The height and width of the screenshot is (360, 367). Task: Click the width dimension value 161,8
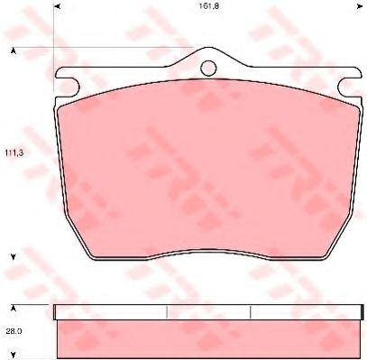(x=208, y=6)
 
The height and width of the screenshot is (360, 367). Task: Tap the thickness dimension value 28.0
(x=14, y=331)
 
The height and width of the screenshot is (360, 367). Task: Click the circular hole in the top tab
(x=208, y=68)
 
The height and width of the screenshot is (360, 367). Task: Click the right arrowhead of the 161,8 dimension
(x=359, y=6)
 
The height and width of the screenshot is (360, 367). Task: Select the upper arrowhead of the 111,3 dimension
(x=13, y=51)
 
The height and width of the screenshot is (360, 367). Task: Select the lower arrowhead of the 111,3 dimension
(x=13, y=257)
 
